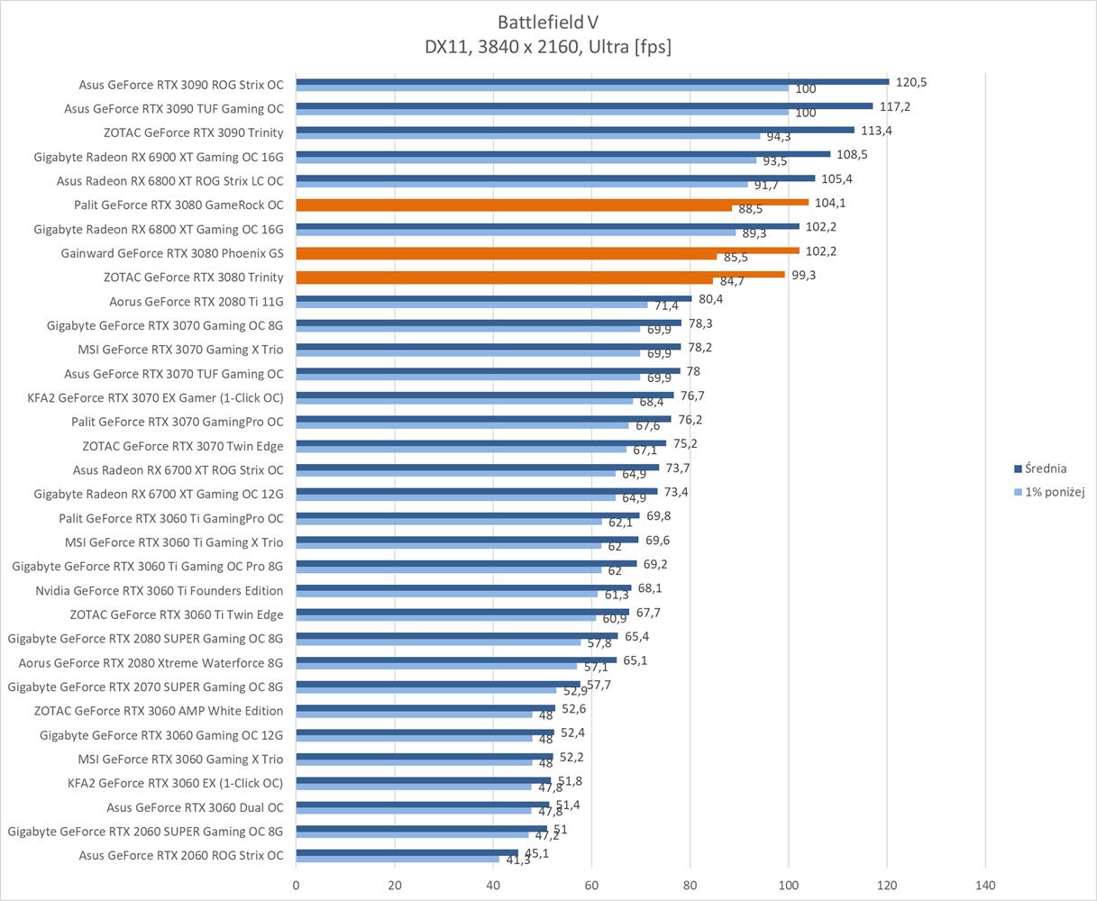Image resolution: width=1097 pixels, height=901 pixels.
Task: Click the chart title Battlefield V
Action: point(548,22)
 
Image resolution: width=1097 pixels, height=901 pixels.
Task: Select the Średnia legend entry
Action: point(1045,469)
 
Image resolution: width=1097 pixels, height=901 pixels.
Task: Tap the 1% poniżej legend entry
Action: point(1054,492)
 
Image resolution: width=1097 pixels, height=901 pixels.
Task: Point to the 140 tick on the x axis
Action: point(985,885)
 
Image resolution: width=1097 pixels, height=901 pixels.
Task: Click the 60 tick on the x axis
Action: point(591,885)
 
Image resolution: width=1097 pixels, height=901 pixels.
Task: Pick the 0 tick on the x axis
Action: point(296,885)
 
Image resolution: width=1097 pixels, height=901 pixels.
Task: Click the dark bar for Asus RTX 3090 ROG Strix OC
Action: point(592,82)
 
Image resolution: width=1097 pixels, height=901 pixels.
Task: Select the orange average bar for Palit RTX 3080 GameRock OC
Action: point(552,202)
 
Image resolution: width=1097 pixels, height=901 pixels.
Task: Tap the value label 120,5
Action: point(911,82)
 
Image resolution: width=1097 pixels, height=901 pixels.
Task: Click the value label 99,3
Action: point(803,275)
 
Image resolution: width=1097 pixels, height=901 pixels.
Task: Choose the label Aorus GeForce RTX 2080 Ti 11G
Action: point(196,302)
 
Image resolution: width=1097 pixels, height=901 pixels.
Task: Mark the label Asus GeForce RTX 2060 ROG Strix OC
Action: point(180,856)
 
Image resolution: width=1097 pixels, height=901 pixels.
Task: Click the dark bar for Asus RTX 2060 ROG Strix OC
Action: point(407,852)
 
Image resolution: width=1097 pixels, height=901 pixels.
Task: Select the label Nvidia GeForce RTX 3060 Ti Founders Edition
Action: point(159,591)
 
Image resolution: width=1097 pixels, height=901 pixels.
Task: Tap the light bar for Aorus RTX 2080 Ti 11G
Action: point(471,305)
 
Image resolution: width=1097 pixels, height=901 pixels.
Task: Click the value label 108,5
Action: point(853,155)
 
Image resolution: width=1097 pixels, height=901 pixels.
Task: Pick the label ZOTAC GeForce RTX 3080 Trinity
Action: point(193,278)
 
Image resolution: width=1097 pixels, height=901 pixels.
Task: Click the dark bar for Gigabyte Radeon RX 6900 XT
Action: point(562,154)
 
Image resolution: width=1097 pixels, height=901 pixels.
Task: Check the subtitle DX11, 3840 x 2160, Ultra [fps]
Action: point(548,47)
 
